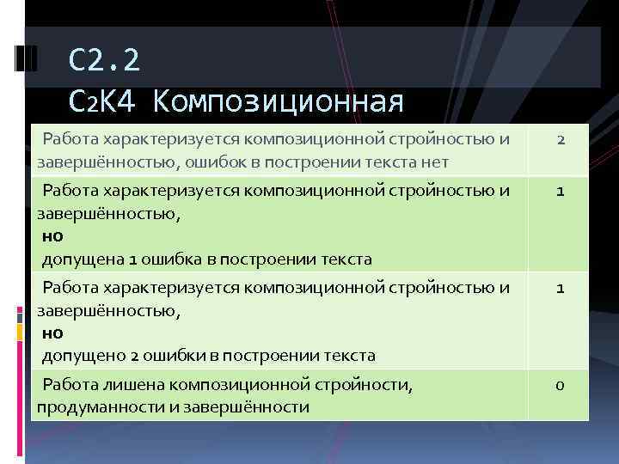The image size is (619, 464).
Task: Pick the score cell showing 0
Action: (559, 385)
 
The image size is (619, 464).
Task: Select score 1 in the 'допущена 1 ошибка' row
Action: (559, 192)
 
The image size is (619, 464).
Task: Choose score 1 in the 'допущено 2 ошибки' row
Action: (559, 289)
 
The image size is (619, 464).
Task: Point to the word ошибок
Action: (228, 161)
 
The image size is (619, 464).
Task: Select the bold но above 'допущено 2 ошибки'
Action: (50, 332)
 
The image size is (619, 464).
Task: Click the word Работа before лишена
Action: (71, 386)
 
